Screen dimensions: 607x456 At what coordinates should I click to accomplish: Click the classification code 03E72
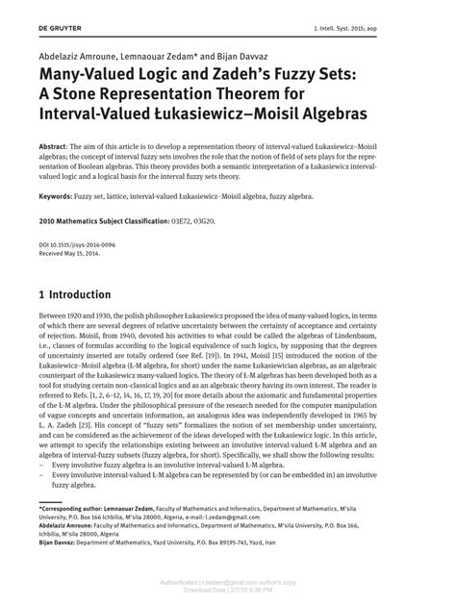click(x=223, y=221)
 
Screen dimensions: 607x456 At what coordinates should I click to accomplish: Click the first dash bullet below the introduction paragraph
click(x=42, y=492)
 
